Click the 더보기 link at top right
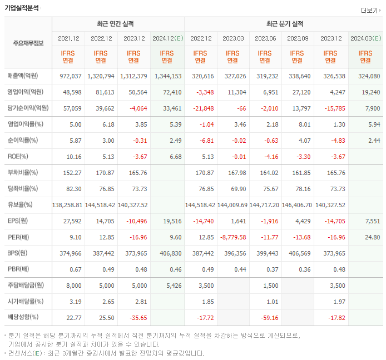coord(369,11)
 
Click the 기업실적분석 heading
coord(22,8)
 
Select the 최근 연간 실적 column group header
coord(118,24)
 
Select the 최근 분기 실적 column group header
coord(284,24)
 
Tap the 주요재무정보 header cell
coord(28,43)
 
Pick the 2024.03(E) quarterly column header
coord(365,38)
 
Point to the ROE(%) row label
coord(20,157)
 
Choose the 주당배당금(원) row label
coord(26,286)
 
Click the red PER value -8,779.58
coord(232,237)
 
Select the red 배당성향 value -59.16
coord(266,318)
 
